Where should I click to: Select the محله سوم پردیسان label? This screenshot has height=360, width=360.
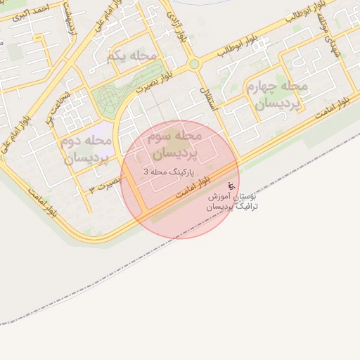[x=175, y=143]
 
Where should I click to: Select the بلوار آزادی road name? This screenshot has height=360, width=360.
[x=174, y=28]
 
